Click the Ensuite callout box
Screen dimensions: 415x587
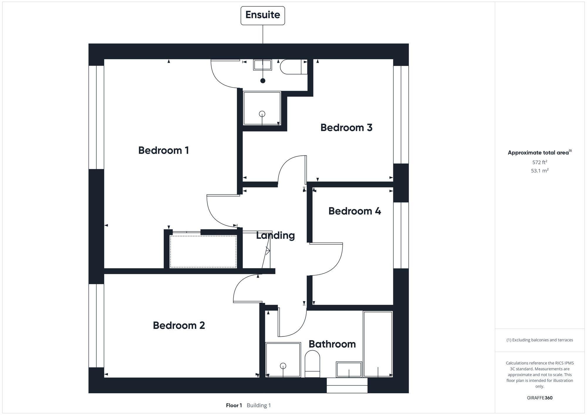263,15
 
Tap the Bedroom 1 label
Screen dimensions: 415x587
163,150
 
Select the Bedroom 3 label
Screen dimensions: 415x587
346,128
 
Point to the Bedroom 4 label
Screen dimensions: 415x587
355,211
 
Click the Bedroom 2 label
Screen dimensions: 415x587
179,325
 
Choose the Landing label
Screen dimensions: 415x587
275,235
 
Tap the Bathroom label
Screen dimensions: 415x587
332,344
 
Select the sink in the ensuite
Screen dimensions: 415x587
263,65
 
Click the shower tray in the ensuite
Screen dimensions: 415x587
262,108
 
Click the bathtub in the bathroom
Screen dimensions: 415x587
378,344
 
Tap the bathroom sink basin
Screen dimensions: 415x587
349,369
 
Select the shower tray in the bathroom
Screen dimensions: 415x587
283,360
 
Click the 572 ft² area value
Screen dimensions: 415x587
539,162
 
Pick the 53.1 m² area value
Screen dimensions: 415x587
539,171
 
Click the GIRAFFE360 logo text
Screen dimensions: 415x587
539,398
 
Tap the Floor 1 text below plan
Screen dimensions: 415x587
234,405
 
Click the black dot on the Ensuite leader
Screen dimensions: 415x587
263,81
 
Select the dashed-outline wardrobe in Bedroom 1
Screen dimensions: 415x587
203,251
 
